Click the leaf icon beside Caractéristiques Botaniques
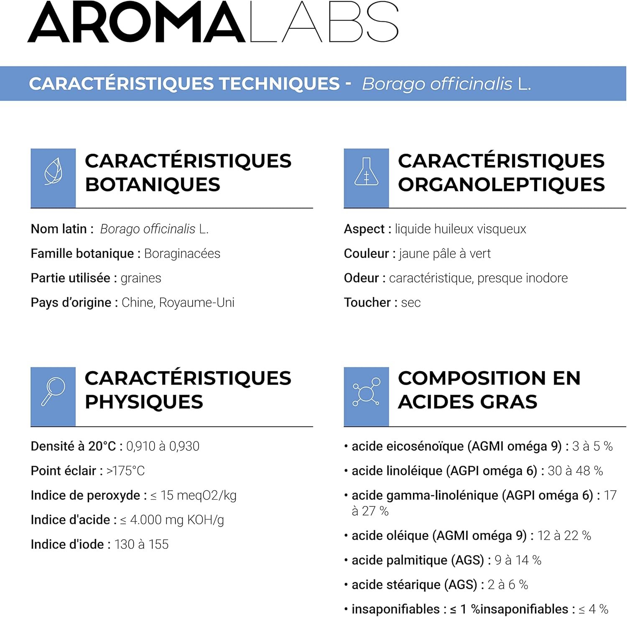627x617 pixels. (53, 172)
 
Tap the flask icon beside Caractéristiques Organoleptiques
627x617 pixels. (366, 172)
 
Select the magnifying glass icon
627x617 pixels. (53, 391)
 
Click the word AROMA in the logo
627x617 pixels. (136, 23)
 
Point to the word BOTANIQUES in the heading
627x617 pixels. (153, 185)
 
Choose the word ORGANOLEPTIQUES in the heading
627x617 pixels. (501, 185)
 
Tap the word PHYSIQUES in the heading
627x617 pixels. (144, 402)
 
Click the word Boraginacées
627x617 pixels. (182, 254)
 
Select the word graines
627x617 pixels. (141, 278)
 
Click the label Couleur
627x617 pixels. (366, 254)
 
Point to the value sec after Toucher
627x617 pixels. (411, 303)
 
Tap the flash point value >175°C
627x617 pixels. (125, 471)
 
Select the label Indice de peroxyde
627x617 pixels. (85, 495)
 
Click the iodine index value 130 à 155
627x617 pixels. (141, 544)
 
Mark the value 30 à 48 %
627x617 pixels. (575, 471)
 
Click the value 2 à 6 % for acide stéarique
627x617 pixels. (507, 585)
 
